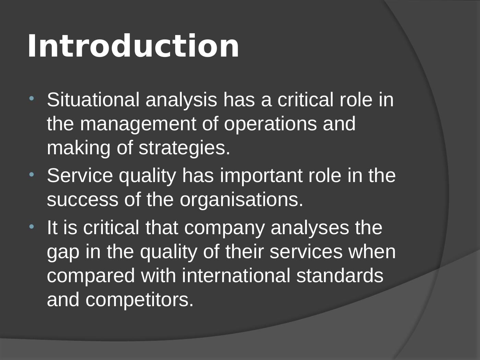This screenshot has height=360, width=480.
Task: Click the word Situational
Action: click(93, 100)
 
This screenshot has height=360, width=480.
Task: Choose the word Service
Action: click(80, 176)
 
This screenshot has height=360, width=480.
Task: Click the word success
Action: click(82, 200)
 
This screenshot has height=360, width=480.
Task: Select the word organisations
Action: click(242, 200)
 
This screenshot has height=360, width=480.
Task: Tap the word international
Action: click(236, 276)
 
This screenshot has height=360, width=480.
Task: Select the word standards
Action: click(340, 276)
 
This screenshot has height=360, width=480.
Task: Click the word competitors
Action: click(140, 300)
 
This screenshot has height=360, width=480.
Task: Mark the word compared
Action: click(91, 276)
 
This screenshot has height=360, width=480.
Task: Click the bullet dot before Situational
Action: click(32, 98)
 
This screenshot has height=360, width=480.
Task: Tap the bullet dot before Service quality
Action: click(32, 175)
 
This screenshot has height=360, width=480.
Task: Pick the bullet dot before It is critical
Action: click(32, 227)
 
